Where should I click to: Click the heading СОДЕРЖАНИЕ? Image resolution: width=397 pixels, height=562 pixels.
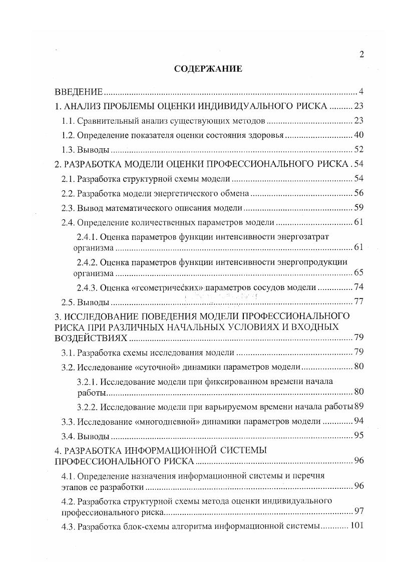tap(208, 69)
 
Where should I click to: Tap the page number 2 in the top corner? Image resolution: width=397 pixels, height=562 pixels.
tap(361, 55)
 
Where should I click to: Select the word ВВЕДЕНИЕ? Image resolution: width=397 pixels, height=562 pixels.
tap(79, 92)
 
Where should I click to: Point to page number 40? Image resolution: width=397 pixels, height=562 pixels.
tap(358, 135)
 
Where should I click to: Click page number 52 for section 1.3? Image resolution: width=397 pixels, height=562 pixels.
tap(358, 149)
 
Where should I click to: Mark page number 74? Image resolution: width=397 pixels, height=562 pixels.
tap(358, 288)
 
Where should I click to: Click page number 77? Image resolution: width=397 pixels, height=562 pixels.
tap(358, 302)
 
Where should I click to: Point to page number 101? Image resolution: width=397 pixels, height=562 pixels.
tap(356, 526)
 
